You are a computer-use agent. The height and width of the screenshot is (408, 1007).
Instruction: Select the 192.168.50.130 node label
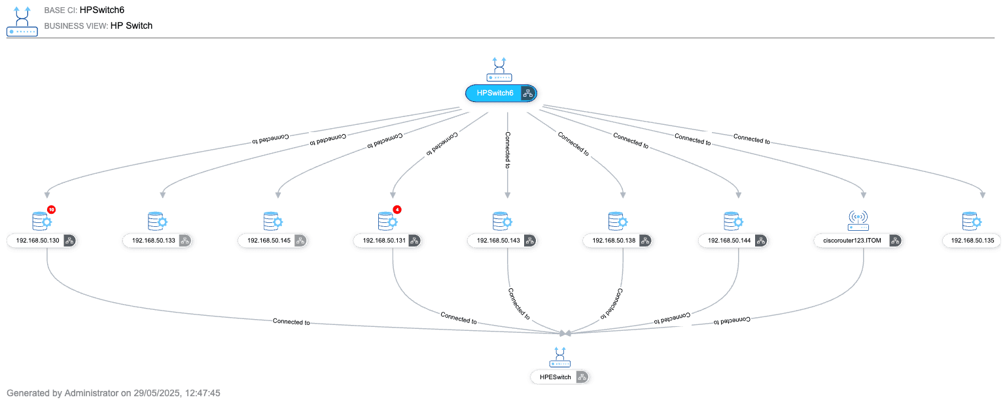click(x=38, y=241)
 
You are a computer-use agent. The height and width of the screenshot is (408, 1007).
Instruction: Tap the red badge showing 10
click(x=52, y=210)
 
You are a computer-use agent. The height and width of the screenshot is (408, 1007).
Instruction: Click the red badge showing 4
click(x=397, y=210)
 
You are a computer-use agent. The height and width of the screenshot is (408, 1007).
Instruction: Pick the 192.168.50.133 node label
click(x=154, y=241)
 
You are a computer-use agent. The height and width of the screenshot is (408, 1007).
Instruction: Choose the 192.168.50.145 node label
click(x=269, y=241)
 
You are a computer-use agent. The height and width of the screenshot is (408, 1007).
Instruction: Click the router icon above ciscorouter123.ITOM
click(x=858, y=221)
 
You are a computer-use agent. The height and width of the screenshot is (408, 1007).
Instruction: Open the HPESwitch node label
click(x=555, y=377)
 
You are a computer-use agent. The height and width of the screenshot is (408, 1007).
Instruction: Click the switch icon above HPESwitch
click(x=560, y=357)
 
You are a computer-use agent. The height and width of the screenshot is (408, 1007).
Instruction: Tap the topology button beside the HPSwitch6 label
click(x=528, y=93)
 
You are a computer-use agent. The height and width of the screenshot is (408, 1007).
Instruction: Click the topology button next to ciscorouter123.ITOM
click(x=894, y=241)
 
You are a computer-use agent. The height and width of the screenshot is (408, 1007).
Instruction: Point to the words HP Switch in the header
click(x=132, y=25)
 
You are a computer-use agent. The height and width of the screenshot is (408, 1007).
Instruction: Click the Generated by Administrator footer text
click(x=113, y=394)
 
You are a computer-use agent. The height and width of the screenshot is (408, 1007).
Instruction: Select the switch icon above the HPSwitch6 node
click(x=499, y=69)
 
